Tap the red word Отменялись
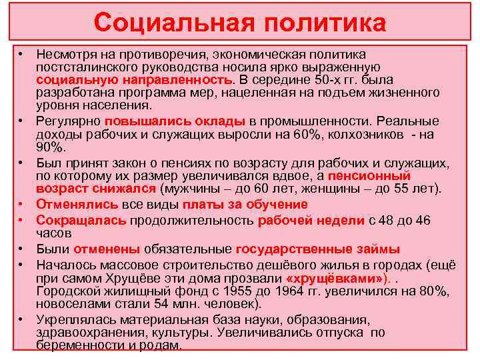point(73,205)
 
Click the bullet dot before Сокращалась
point(22,219)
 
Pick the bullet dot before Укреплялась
point(22,319)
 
